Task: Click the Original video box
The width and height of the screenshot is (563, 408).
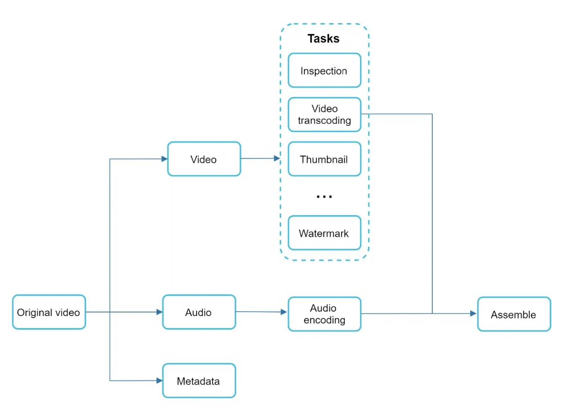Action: (49, 312)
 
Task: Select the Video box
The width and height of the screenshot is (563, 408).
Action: (204, 159)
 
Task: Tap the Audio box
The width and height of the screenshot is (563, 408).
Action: (199, 312)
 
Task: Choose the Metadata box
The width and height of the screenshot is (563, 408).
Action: (199, 381)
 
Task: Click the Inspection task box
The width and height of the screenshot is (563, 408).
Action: (325, 70)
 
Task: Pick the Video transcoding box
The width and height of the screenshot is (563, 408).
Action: (325, 115)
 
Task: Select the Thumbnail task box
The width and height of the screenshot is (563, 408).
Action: (325, 159)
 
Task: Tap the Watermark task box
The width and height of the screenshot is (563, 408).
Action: (325, 233)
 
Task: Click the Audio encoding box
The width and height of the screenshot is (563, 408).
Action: (325, 314)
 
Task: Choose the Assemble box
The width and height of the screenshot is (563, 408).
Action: (514, 314)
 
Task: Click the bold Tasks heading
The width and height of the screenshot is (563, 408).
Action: (323, 38)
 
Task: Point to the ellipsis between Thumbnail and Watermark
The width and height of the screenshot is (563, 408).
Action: (324, 197)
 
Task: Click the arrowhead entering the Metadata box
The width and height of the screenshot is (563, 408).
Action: (159, 381)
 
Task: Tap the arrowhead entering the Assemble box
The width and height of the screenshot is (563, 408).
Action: (473, 313)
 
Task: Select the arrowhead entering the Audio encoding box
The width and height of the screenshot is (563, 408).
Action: (284, 312)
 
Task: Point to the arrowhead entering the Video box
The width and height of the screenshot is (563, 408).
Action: (164, 159)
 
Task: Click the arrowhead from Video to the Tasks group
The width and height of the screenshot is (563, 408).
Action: (277, 158)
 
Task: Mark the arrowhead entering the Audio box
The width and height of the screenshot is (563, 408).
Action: (159, 312)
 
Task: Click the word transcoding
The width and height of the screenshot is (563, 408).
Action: (325, 121)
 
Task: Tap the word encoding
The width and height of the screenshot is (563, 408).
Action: (325, 320)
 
